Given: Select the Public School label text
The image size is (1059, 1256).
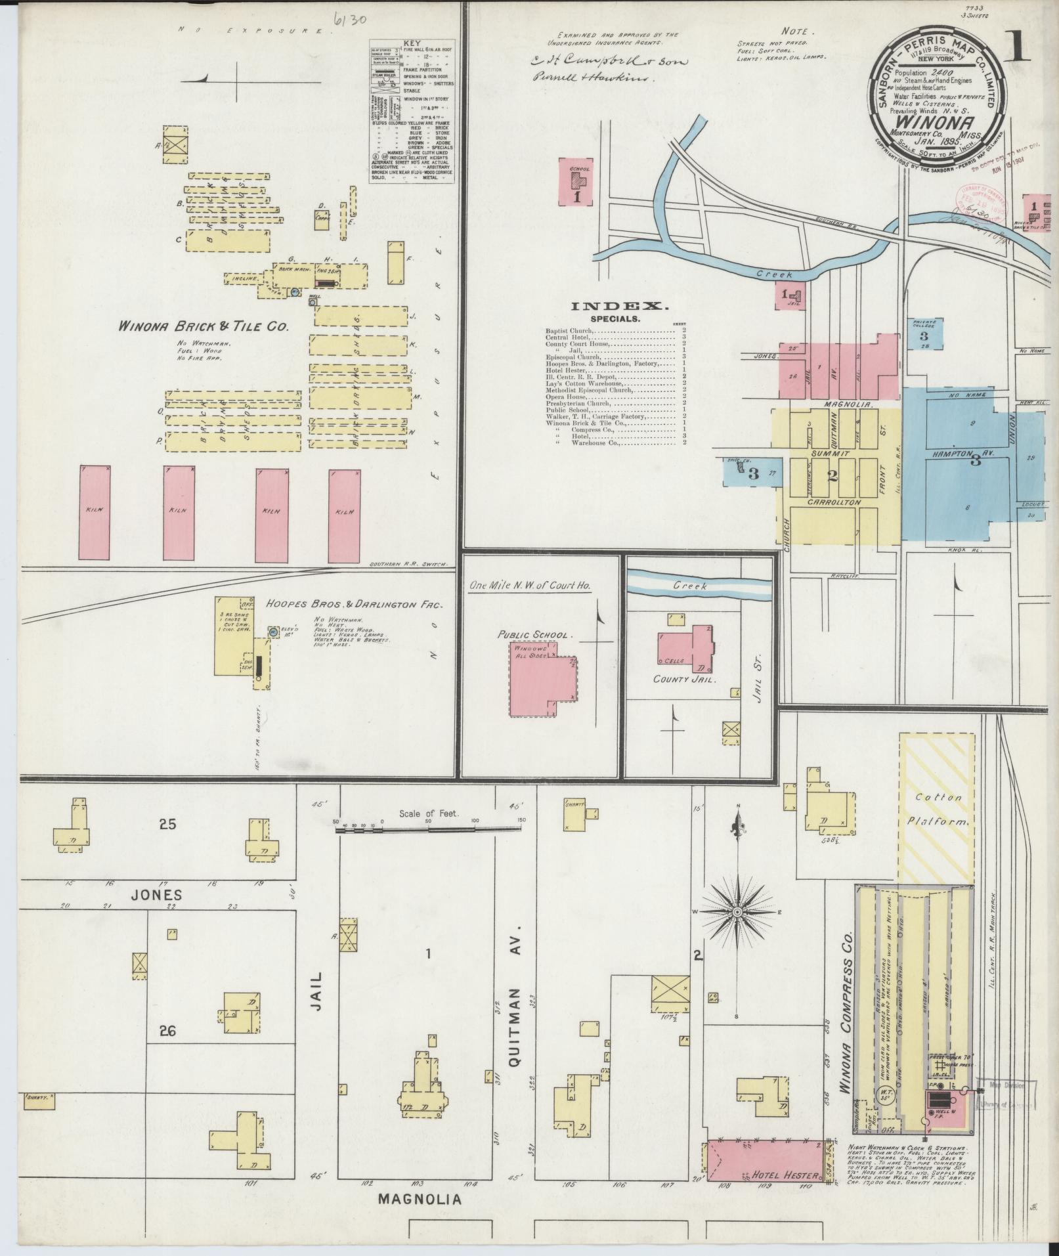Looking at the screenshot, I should click(x=535, y=636).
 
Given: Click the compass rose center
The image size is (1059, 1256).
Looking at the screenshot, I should click(x=738, y=913).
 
